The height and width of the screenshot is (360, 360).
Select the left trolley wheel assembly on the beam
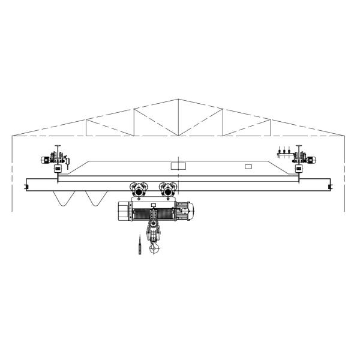click(140, 191)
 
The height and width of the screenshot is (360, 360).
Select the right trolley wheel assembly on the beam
click(167, 191)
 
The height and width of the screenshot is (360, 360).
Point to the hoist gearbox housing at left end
click(123, 211)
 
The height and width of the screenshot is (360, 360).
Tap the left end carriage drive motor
click(46, 160)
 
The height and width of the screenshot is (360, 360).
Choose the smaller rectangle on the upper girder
click(248, 167)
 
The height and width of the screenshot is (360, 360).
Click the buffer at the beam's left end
click(26, 187)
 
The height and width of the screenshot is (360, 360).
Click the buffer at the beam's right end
click(330, 187)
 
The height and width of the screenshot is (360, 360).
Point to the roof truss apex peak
click(178, 99)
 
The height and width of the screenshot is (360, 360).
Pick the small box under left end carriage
click(57, 169)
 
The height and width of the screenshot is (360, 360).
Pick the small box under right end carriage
click(299, 169)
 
